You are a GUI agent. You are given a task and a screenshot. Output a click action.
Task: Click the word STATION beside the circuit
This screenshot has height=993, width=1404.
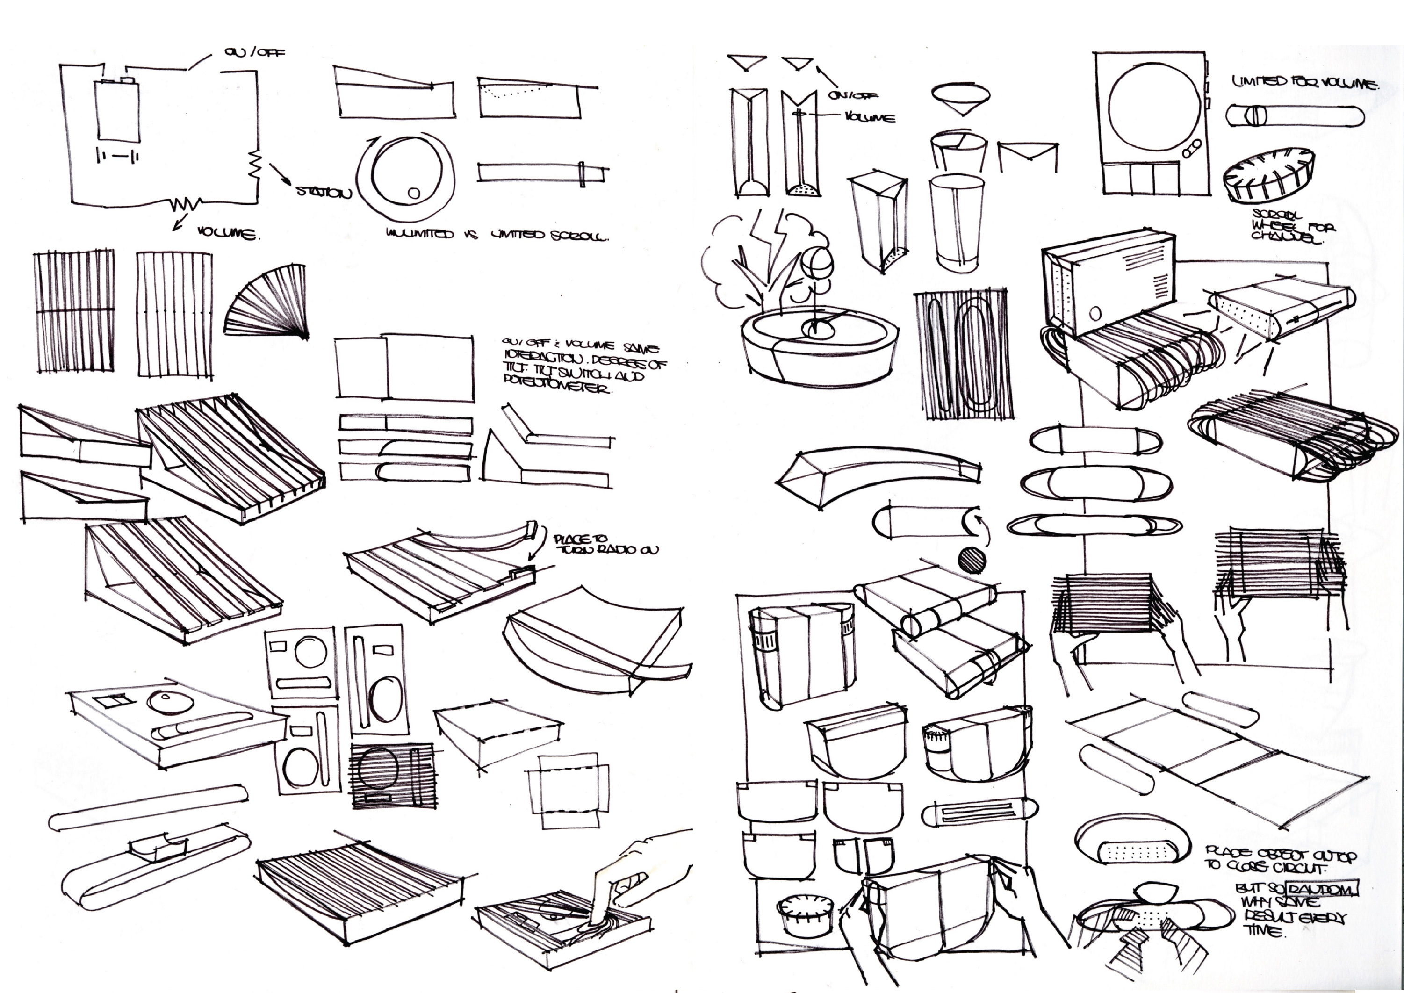click(324, 192)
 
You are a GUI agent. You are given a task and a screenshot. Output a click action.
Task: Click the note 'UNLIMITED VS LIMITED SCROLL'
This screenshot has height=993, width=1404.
click(497, 234)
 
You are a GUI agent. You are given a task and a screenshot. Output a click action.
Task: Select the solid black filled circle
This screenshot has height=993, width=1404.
click(972, 560)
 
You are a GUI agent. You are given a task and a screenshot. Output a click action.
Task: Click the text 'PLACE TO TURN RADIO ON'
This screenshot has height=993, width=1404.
click(605, 544)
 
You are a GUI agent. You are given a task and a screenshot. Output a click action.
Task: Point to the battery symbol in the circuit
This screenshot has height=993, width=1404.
click(117, 157)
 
